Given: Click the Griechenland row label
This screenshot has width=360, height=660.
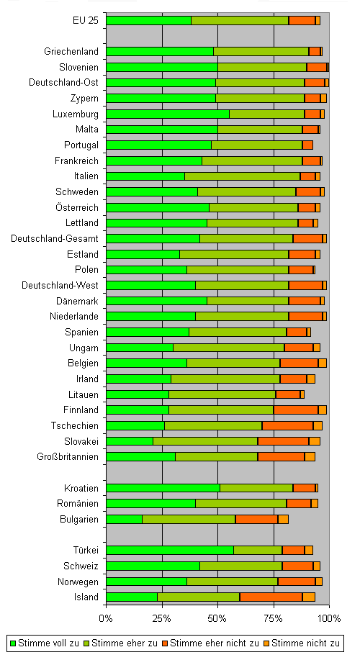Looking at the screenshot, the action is pos(71,51).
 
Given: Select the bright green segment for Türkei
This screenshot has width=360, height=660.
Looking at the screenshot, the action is pos(170,550).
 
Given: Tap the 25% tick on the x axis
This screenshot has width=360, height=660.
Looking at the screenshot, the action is pos(162,606).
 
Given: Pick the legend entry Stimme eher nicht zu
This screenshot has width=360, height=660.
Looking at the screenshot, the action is pos(210,643).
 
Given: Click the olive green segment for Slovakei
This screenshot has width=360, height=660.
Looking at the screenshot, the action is pos(205,441).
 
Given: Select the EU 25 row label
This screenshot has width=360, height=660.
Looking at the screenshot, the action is pos(86,20).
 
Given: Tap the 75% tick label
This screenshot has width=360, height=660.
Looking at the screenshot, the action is pos(274,618).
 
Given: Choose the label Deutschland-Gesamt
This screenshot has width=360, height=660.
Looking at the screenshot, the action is pos(55,239).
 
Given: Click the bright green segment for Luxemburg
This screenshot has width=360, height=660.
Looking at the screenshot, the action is pos(168,114).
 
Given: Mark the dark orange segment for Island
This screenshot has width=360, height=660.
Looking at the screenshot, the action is pos(271,597).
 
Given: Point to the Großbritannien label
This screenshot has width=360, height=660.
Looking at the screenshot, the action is pos(68,457).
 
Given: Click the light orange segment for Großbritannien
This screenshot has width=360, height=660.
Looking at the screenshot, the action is pos(310,457).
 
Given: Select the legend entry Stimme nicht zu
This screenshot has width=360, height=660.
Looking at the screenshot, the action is pos(302,643).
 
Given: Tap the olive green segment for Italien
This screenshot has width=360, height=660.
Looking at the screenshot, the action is pos(243,176).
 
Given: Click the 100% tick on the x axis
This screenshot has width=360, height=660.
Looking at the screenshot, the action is pos(329,606).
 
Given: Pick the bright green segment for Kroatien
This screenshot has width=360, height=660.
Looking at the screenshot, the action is pos(163,488).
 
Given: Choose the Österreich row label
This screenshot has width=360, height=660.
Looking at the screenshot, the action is pos(77,207).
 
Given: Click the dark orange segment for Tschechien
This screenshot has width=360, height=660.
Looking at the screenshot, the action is pos(287,425).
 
